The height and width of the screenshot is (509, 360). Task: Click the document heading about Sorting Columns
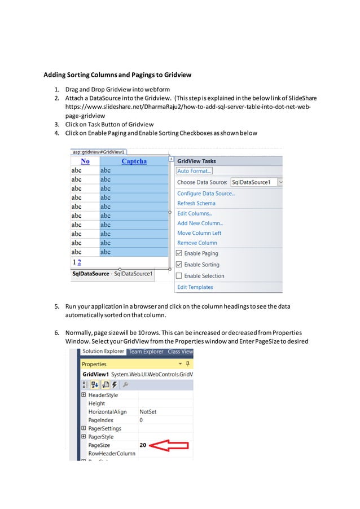pos(118,74)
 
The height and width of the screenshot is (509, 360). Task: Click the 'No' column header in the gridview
pos(85,161)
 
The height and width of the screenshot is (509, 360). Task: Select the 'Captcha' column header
pos(134,161)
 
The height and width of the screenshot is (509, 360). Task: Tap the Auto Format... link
pos(194,171)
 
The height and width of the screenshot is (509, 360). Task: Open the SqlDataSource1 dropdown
pos(280,182)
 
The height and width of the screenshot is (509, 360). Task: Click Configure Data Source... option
pos(206,194)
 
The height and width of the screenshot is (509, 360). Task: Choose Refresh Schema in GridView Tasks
pos(196,203)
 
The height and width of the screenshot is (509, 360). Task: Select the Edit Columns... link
pos(195,213)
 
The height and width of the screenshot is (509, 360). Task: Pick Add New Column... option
pos(200,223)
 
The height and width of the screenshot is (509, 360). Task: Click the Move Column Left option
pos(199,233)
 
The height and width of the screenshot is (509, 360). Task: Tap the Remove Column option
pos(197,243)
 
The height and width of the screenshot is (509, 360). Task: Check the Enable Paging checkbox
pos(179,253)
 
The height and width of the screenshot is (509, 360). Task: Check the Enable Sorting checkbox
pos(179,264)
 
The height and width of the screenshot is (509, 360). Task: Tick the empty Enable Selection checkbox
pos(179,276)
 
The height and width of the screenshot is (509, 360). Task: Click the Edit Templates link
pos(195,287)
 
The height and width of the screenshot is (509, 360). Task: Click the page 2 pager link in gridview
pos(80,262)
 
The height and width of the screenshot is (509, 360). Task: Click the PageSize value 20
pos(143,445)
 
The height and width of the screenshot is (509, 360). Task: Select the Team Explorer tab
pos(146,352)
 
